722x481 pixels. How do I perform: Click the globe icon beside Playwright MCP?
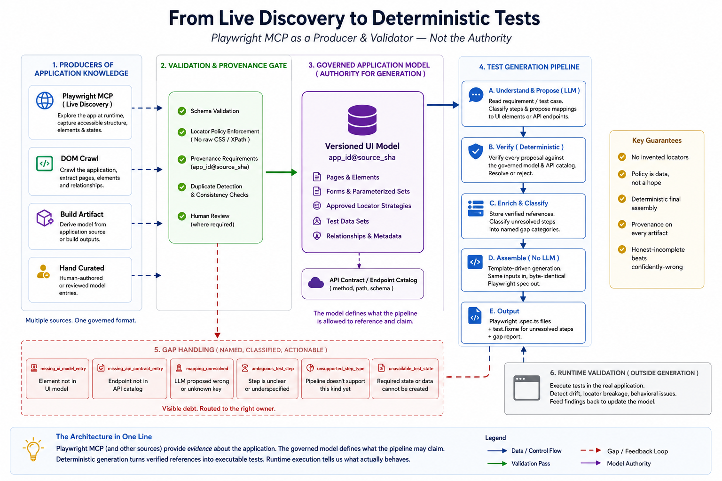pos(45,101)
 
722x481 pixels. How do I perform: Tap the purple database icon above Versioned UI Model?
pos(362,119)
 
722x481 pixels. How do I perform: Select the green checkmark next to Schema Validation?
pos(182,111)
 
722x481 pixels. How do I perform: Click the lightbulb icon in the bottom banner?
pos(33,449)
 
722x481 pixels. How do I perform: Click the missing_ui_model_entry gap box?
pos(57,379)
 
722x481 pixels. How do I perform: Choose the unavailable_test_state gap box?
pos(405,379)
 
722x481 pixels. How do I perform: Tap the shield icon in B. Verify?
pos(475,151)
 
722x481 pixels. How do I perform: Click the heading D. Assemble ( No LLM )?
pos(524,258)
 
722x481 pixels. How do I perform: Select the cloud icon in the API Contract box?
pos(316,283)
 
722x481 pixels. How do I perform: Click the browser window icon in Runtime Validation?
pos(526,388)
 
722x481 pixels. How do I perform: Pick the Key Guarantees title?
pos(657,140)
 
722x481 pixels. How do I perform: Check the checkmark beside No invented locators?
pos(622,157)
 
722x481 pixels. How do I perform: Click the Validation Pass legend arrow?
pos(497,464)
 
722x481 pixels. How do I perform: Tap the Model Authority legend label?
pos(629,464)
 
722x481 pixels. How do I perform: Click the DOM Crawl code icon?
pos(45,163)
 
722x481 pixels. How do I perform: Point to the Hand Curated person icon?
pos(43,272)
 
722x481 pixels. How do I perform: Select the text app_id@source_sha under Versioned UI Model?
pos(362,157)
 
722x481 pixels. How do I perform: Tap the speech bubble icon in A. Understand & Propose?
pos(476,95)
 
